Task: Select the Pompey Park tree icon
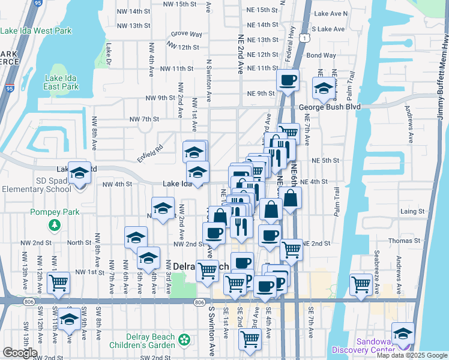[x=54, y=225]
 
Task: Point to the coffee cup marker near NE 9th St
[x=288, y=80]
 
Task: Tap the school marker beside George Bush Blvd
[x=324, y=89]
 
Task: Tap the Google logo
[x=19, y=353]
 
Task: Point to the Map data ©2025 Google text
[x=412, y=355]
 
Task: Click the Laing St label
[x=412, y=212]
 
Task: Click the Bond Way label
[x=321, y=55]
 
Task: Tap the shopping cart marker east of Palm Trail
[x=361, y=283]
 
